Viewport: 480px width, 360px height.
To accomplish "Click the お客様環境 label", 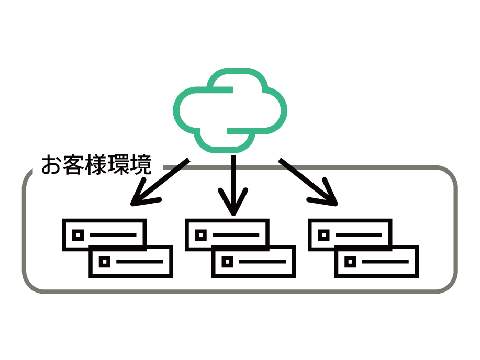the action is click(96, 165).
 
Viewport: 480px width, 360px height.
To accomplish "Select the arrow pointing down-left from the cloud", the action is click(160, 182).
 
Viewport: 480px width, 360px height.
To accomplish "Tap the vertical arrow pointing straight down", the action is click(233, 185).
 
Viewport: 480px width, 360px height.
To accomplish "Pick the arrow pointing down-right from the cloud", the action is click(308, 182).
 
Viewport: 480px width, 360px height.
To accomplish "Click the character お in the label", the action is click(51, 165).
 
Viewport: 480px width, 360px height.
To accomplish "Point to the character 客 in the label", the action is click(73, 165).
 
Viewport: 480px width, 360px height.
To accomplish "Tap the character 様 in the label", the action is click(96, 165).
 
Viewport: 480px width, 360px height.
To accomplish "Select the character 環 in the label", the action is click(118, 165).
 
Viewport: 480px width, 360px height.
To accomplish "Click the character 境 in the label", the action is click(141, 165).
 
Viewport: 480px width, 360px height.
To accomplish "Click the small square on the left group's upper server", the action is click(78, 235).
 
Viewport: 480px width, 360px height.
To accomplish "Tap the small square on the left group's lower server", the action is click(105, 262).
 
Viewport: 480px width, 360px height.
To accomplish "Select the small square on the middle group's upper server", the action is click(201, 235).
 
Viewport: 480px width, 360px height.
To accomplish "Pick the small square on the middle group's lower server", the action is click(228, 262).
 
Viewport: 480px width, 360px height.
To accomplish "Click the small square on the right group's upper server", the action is click(324, 235).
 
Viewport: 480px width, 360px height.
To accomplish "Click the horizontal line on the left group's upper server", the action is click(113, 235).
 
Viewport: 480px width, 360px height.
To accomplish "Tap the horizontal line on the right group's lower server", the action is click(385, 262).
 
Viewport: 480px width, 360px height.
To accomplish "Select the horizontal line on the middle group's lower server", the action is click(262, 262).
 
